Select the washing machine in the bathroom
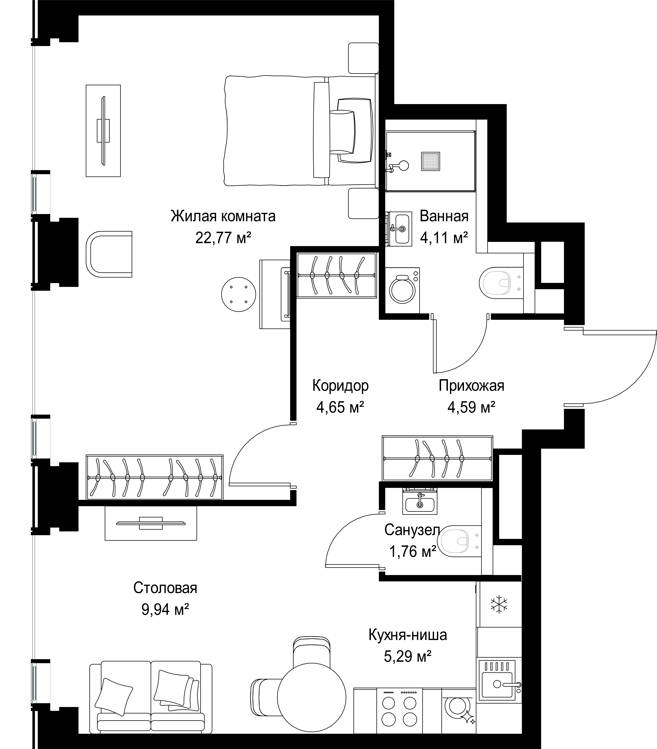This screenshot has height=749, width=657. (402, 290)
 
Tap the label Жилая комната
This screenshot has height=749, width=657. (223, 216)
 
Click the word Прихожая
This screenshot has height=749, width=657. (472, 386)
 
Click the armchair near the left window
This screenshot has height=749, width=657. (109, 254)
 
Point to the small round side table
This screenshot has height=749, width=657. (238, 294)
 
